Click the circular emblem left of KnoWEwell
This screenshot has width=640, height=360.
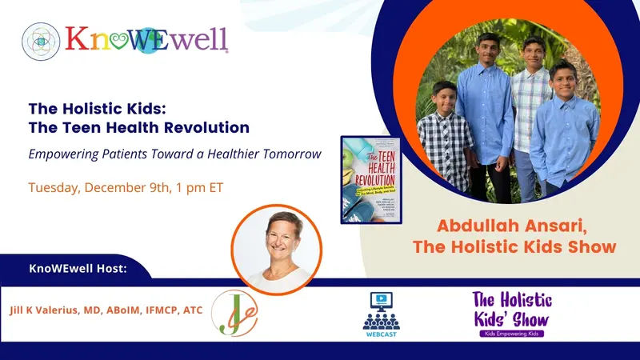point(42,41)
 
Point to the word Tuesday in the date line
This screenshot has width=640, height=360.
point(55,189)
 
